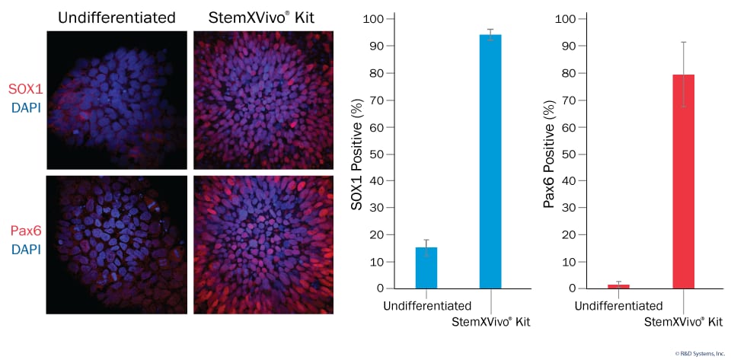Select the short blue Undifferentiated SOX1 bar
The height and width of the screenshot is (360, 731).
click(x=426, y=268)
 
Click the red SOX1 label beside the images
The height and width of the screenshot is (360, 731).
click(x=25, y=91)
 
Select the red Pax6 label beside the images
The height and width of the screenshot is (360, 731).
click(x=25, y=231)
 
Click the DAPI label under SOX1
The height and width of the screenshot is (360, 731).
click(x=25, y=108)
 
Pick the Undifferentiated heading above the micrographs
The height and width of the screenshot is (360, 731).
click(x=116, y=17)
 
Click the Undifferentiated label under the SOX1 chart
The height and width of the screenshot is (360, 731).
click(x=426, y=306)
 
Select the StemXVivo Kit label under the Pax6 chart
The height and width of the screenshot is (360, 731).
click(x=683, y=322)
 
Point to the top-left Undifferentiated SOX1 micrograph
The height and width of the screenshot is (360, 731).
click(x=116, y=100)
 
